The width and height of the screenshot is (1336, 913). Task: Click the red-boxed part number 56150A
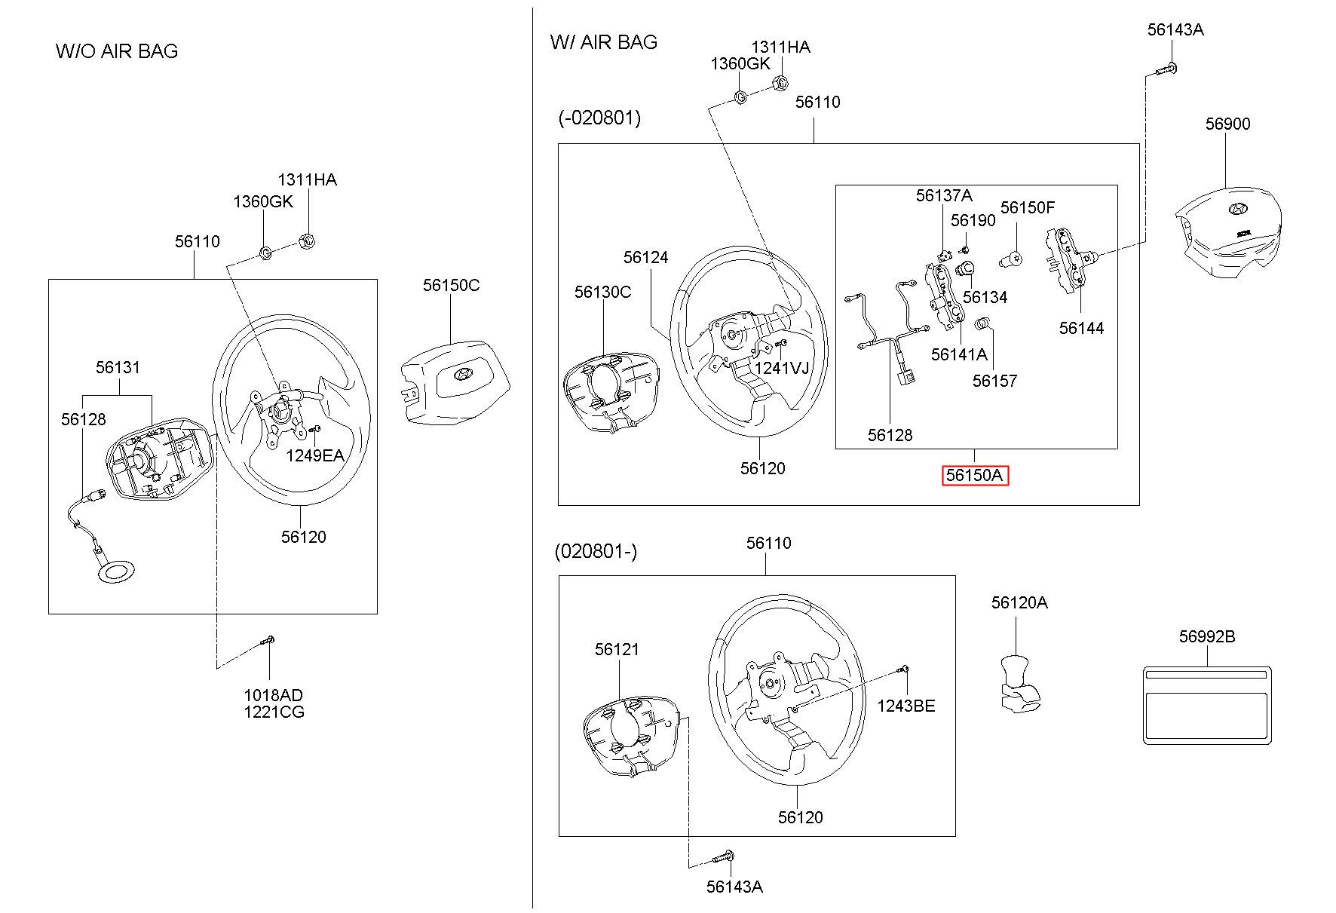click(x=975, y=476)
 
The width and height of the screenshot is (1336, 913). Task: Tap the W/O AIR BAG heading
click(x=117, y=51)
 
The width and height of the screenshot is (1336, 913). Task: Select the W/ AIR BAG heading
click(x=604, y=41)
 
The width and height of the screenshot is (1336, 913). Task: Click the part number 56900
click(x=1227, y=124)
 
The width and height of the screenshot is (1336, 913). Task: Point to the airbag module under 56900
click(x=1229, y=230)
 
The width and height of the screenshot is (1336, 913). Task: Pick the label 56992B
click(x=1207, y=636)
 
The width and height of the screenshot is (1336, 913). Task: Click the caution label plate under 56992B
click(x=1207, y=706)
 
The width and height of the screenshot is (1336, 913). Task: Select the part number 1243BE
click(x=905, y=706)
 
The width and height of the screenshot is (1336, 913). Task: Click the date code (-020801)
click(x=599, y=118)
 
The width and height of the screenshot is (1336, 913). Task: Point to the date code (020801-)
click(x=596, y=551)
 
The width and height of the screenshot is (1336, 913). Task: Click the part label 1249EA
click(x=314, y=455)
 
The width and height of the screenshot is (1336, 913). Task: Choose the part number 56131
click(x=118, y=367)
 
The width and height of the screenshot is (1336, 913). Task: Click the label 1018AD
click(x=273, y=695)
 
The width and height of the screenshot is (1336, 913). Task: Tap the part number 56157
click(x=994, y=381)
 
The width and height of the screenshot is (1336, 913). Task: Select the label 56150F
click(x=1028, y=207)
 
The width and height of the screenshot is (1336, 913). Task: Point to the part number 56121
click(x=617, y=649)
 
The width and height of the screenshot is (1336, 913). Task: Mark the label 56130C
click(x=602, y=292)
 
